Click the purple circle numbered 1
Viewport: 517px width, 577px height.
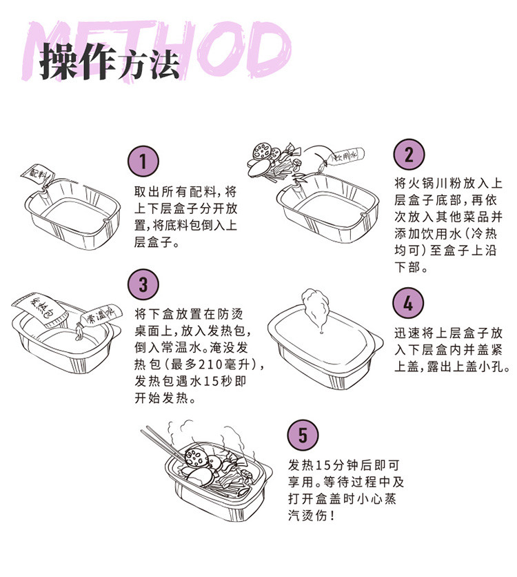143,162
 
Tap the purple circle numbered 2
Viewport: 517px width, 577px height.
409,155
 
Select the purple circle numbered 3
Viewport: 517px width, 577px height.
143,285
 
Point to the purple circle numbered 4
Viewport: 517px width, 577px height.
408,303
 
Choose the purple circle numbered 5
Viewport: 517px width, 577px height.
303,435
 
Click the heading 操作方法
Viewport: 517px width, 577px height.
109,61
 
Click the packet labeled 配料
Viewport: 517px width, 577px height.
37,175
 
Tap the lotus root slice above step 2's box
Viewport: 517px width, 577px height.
262,151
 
